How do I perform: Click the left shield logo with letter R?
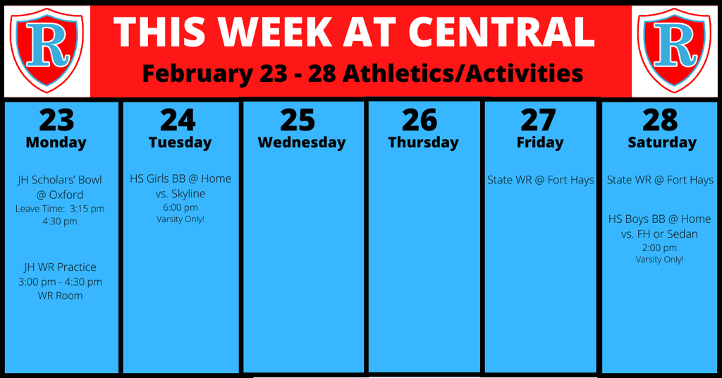coord(47,49)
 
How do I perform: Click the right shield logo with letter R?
coord(675,49)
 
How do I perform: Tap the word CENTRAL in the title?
coord(501,31)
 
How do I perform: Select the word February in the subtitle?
coord(197,73)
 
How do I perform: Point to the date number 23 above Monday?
coord(56,120)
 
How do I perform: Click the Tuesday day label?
coord(180,142)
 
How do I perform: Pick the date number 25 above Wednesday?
coord(298,120)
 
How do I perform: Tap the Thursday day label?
coord(423,142)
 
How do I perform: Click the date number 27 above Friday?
coord(538,120)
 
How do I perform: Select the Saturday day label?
coord(662,142)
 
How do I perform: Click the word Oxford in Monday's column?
coord(66,195)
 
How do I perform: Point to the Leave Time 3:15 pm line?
coord(60,209)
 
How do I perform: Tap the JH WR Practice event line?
coord(61,267)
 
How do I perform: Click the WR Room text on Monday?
coord(61,295)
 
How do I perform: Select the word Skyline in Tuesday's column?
coord(188,194)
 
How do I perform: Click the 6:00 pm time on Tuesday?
coord(180,207)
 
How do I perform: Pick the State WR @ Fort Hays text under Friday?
coord(541,180)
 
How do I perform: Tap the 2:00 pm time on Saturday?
coord(659,248)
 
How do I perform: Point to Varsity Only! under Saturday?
coord(659,260)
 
